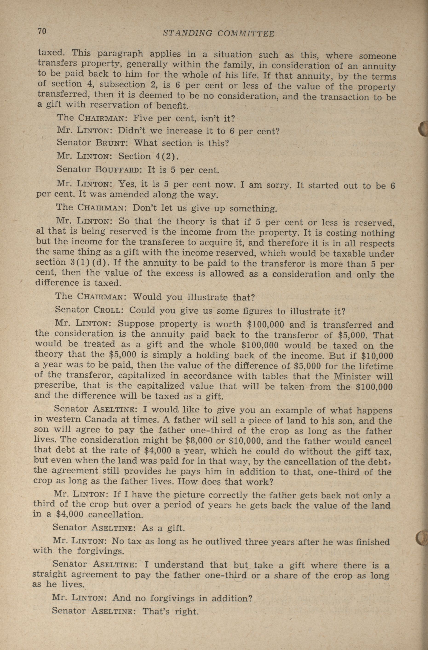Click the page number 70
pyautogui.click(x=42, y=31)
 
